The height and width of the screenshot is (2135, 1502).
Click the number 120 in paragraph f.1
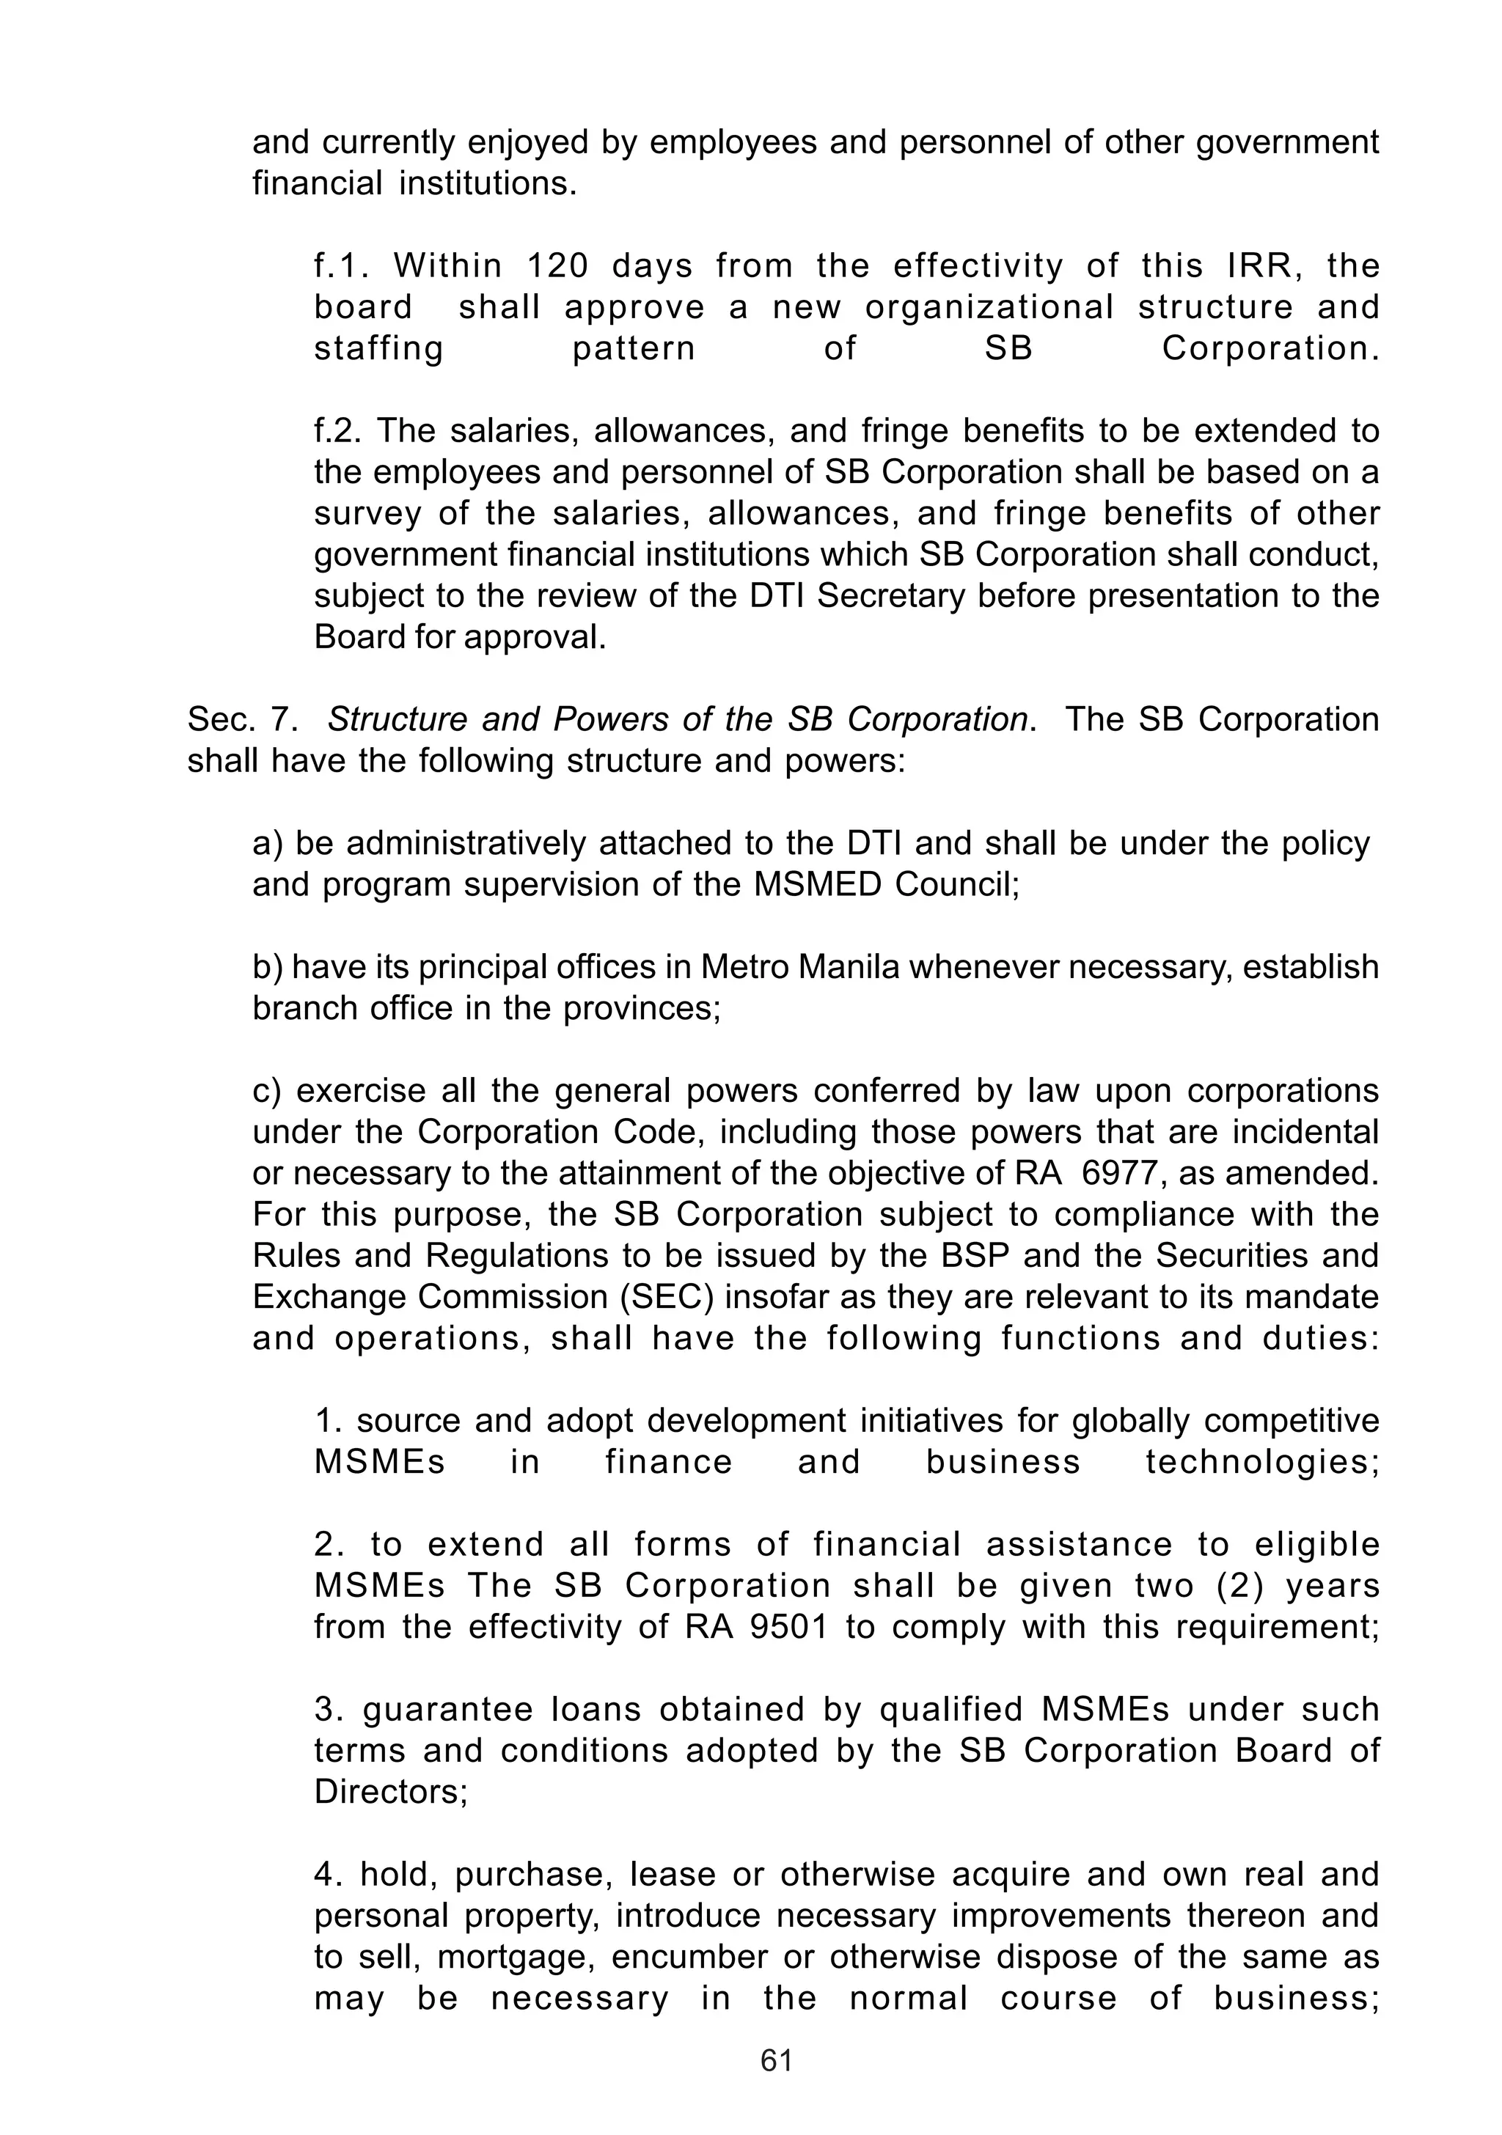tap(558, 267)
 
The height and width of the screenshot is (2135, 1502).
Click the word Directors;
tap(391, 1792)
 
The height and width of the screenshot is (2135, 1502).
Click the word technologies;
tap(1262, 1463)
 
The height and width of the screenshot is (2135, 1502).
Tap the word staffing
tap(378, 350)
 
